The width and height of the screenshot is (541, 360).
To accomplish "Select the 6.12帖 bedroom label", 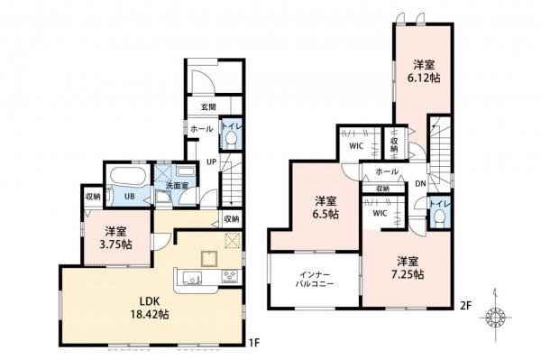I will click(x=426, y=72).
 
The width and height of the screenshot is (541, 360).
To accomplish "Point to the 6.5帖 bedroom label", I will click(x=326, y=207).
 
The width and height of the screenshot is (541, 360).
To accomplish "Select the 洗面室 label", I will click(x=176, y=186).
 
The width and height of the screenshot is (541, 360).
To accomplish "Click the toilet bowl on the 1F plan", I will click(x=229, y=139).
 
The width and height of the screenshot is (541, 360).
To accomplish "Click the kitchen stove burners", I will click(x=227, y=276).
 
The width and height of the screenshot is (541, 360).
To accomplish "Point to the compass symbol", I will click(x=495, y=320).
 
